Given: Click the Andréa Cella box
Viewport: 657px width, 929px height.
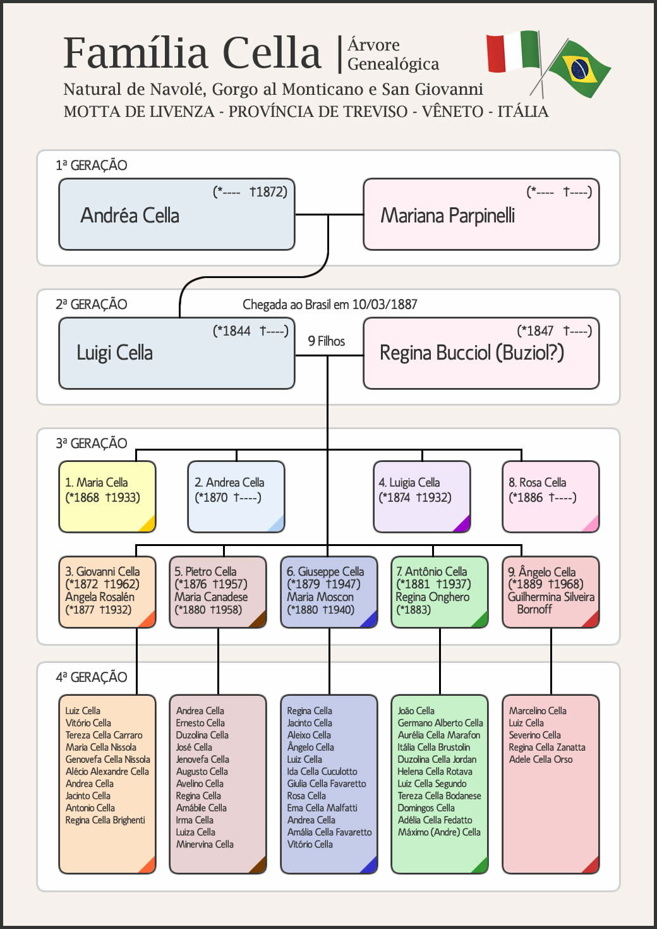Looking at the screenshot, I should [176, 214].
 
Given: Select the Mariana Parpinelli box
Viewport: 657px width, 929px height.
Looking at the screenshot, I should [481, 214].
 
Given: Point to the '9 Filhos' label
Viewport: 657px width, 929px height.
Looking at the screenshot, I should [326, 341].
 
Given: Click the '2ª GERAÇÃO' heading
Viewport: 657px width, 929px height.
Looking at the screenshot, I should [91, 304].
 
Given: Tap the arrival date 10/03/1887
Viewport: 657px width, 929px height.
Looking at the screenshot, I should [384, 305].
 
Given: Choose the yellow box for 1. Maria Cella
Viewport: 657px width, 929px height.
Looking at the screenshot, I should [107, 496].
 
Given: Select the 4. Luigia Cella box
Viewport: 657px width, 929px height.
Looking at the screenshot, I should [421, 496].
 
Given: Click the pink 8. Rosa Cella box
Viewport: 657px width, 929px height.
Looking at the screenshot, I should [550, 496].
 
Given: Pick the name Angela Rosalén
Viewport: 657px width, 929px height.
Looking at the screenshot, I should [99, 597].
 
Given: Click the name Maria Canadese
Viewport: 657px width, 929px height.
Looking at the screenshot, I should [211, 597].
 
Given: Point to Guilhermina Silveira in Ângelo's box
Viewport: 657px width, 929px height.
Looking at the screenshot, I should [551, 597].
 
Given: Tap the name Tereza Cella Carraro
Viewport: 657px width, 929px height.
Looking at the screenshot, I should [104, 735].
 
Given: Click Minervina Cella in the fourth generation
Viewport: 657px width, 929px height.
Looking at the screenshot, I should [205, 844].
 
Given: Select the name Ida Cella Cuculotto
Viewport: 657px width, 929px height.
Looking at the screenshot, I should [322, 772].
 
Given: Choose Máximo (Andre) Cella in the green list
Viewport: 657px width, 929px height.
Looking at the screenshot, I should [439, 832].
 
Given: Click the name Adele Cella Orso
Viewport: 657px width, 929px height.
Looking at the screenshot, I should [541, 760].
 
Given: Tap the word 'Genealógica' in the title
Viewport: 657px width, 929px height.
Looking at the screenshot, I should [393, 64].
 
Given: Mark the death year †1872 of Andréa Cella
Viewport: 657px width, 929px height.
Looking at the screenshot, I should [268, 191].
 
